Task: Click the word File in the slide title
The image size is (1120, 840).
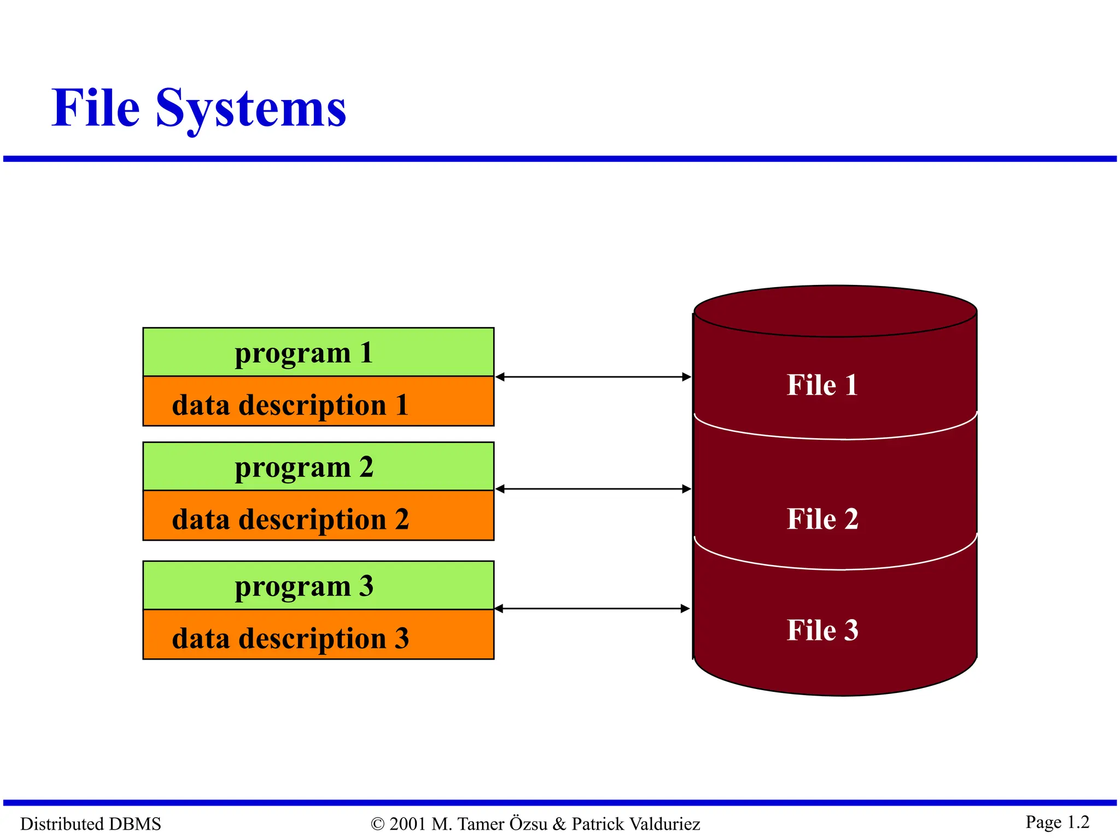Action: coord(96,108)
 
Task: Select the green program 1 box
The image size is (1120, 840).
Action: coord(318,352)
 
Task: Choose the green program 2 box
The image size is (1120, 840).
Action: coord(318,466)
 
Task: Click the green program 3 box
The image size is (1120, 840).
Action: coord(318,586)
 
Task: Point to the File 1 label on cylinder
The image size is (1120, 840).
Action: coord(822,384)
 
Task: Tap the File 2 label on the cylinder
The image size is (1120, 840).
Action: coord(822,518)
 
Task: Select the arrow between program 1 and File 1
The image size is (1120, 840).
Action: coord(593,377)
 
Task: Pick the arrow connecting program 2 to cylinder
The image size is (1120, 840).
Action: coord(593,489)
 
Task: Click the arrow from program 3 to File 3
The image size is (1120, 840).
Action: coord(592,608)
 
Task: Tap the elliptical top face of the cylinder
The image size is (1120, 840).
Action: coord(835,311)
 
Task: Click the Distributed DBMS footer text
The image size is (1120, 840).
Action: coord(90,824)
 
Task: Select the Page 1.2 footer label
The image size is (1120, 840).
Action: coord(1057,822)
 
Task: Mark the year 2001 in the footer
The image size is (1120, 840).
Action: coord(407,824)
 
